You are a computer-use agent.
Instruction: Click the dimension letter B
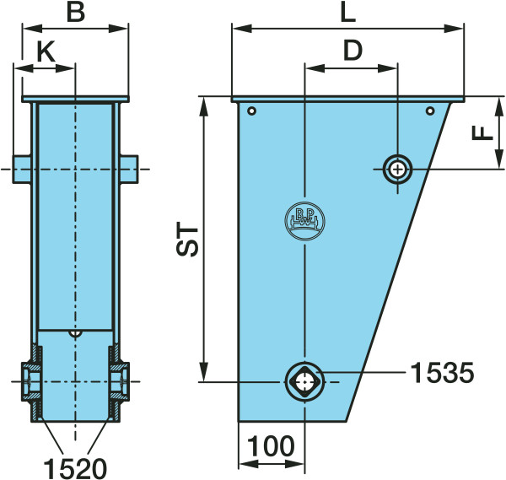(76, 13)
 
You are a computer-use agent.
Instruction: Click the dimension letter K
(46, 51)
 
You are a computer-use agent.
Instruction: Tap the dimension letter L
(348, 13)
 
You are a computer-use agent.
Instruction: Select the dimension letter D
(353, 51)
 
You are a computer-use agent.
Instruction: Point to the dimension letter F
(482, 132)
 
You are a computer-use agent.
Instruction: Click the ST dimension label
(187, 240)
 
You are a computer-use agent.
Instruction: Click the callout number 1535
(442, 373)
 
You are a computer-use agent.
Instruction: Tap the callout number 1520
(75, 468)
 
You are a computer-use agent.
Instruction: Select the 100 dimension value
(271, 445)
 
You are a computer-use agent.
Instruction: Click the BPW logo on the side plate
(304, 221)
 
